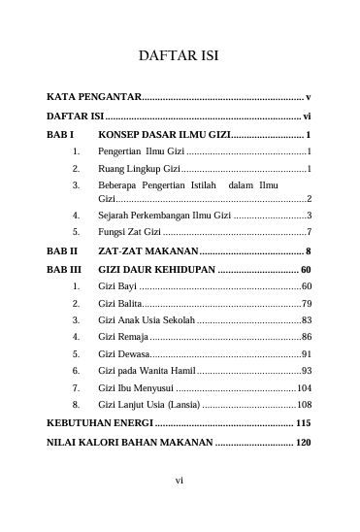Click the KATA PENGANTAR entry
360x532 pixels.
coord(94,98)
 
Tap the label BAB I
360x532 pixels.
coord(60,135)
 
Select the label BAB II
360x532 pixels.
coord(62,250)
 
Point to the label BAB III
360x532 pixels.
coord(64,269)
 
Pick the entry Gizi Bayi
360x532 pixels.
coord(117,287)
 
